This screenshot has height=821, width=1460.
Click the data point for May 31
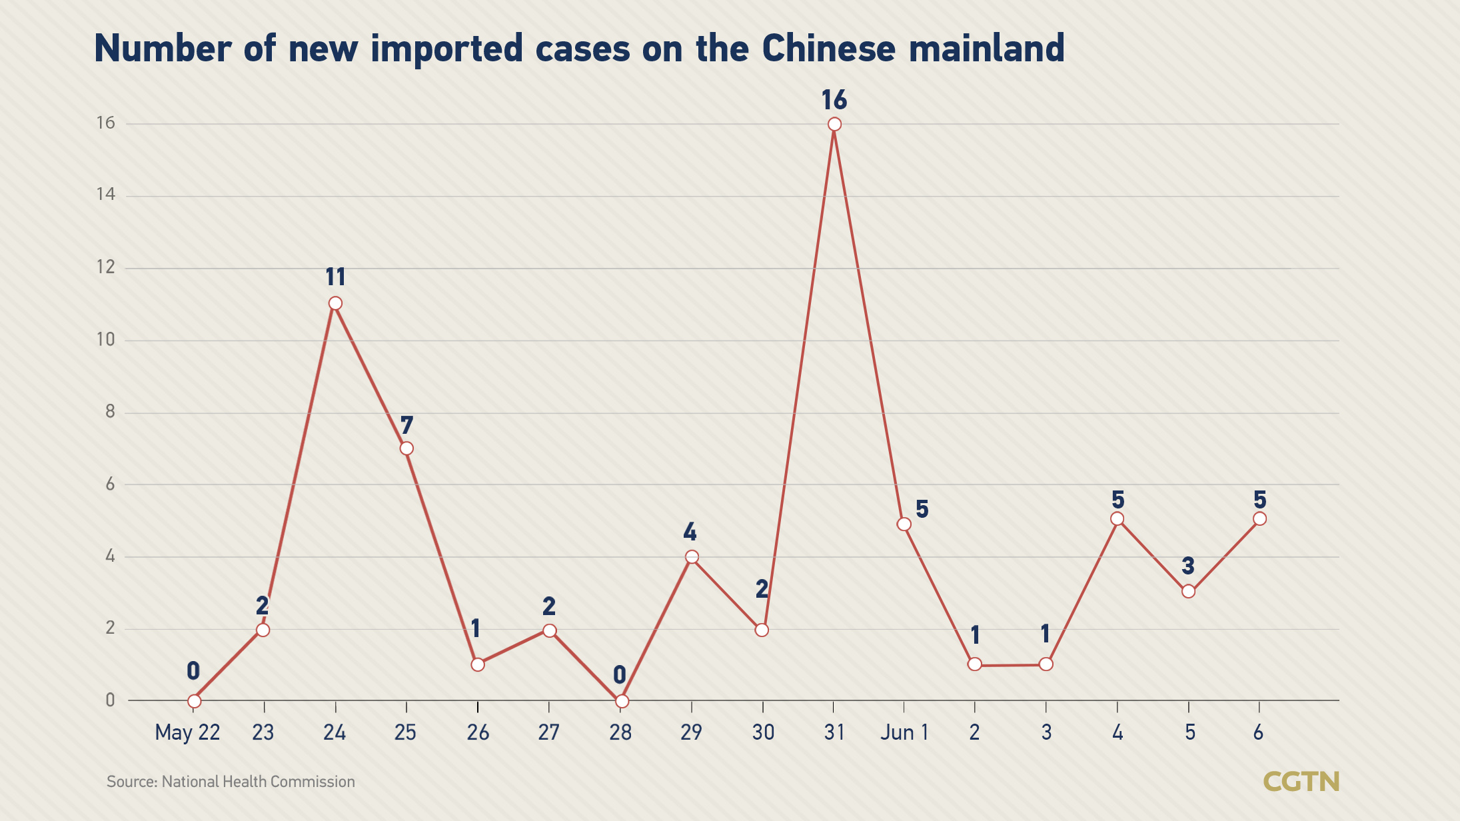pos(834,125)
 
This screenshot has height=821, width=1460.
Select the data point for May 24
pos(335,304)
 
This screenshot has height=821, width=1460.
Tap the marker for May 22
pos(194,701)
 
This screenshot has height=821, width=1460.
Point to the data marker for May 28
pos(621,701)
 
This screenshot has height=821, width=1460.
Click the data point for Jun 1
pos(904,524)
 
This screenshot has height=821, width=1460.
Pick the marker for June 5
pos(1188,592)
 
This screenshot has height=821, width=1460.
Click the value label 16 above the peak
pos(834,101)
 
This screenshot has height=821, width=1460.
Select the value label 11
pos(335,277)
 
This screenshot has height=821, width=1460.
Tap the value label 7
pos(406,425)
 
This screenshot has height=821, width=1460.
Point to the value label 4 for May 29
pos(690,532)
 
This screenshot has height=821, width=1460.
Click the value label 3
pos(1188,566)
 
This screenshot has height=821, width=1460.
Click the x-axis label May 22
pos(187,732)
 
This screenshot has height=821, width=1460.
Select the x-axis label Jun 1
pos(904,732)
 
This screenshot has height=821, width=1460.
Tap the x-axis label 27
pos(548,732)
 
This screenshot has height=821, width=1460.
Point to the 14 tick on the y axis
pos(105,195)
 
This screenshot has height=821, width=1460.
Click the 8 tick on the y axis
pos(110,412)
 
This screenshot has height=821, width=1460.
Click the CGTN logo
pos(1301,782)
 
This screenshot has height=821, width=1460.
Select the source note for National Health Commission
pos(231,782)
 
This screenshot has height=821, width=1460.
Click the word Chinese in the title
pos(828,49)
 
